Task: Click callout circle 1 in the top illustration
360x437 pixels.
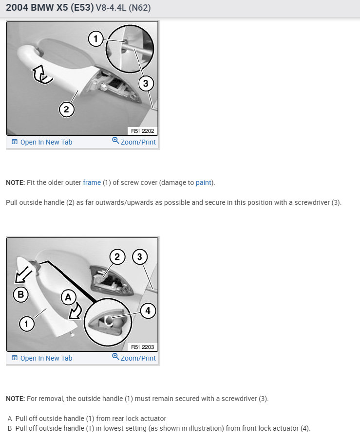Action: pos(95,38)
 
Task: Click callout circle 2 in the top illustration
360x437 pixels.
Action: pos(66,109)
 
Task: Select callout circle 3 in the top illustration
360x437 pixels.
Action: pos(146,83)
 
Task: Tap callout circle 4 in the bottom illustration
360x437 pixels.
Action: pos(148,310)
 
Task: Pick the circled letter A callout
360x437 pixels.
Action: pos(68,297)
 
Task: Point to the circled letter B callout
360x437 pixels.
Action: pos(20,294)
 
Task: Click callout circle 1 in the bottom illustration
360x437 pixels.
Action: pos(26,324)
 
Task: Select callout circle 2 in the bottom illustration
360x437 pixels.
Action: pos(117,256)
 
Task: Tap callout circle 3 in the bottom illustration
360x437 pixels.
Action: pos(139,256)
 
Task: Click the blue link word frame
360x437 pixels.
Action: pos(92,182)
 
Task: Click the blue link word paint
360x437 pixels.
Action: pos(204,182)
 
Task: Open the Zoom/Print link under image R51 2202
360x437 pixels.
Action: pos(134,142)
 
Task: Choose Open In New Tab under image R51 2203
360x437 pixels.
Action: pos(42,358)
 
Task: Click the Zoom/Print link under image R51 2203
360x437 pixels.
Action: pos(134,358)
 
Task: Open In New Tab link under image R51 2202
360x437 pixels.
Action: pos(42,142)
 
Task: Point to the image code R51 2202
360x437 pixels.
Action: pos(143,131)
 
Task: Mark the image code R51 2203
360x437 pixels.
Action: pos(143,347)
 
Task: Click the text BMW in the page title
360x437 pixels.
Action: pos(42,7)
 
